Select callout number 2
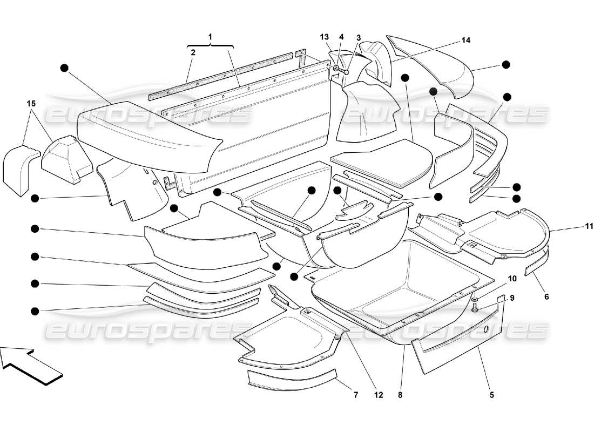tap(192, 52)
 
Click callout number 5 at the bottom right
tap(491, 395)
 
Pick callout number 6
tap(546, 296)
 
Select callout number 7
tap(355, 395)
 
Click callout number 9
tap(512, 298)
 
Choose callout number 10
tap(512, 279)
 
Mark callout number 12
tap(378, 395)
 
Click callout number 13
tap(324, 37)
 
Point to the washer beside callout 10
tap(474, 299)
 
